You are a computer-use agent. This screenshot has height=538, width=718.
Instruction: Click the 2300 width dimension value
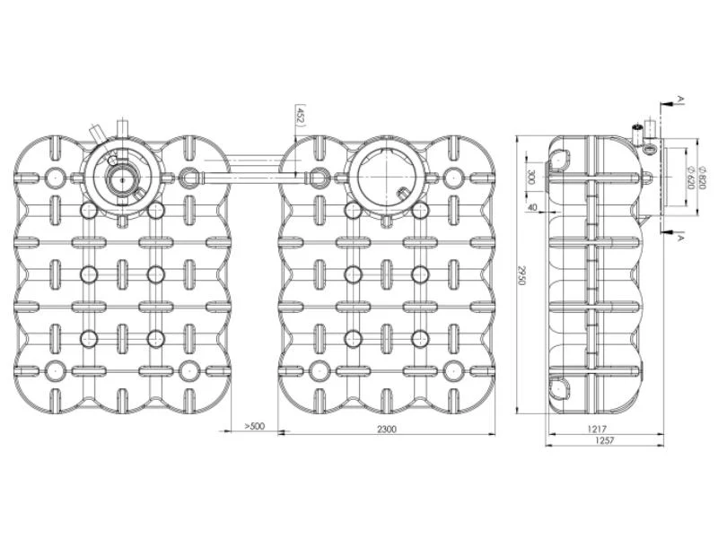(387, 429)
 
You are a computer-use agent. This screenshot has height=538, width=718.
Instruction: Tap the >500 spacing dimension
(255, 426)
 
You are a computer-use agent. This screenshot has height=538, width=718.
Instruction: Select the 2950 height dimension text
(521, 275)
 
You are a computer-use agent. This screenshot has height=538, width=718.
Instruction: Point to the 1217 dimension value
(597, 430)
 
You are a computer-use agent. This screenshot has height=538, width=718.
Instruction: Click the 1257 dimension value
(603, 440)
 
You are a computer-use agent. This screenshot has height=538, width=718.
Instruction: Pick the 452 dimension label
(301, 116)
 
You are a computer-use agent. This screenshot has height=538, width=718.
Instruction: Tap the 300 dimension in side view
(531, 177)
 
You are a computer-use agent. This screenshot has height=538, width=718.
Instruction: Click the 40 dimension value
(532, 207)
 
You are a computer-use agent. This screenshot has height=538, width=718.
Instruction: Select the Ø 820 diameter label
(703, 176)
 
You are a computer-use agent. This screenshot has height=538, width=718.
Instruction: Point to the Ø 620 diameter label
(691, 177)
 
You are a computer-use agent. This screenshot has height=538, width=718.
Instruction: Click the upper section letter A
(680, 99)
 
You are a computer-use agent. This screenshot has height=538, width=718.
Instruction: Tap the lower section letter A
(680, 238)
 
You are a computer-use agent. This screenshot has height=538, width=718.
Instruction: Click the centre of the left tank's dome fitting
(123, 179)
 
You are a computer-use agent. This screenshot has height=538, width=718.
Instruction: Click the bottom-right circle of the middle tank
(452, 371)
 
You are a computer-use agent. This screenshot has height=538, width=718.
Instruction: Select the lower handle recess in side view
(560, 386)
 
